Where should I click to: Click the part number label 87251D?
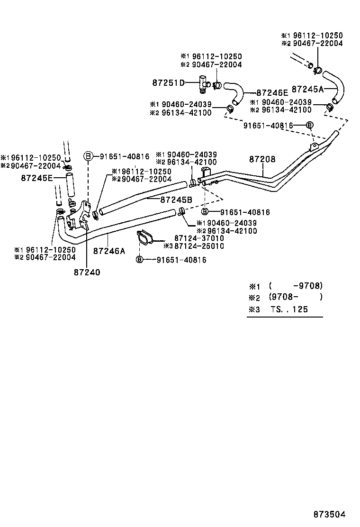point(168,82)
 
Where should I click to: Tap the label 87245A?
point(307,89)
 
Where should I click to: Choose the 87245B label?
point(176,200)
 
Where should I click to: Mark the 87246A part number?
point(109,251)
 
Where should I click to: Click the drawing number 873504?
point(329,514)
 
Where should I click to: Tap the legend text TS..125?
point(289,309)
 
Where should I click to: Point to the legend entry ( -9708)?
point(295,286)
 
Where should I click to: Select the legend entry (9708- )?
point(295,297)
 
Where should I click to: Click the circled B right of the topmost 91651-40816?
point(309,125)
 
